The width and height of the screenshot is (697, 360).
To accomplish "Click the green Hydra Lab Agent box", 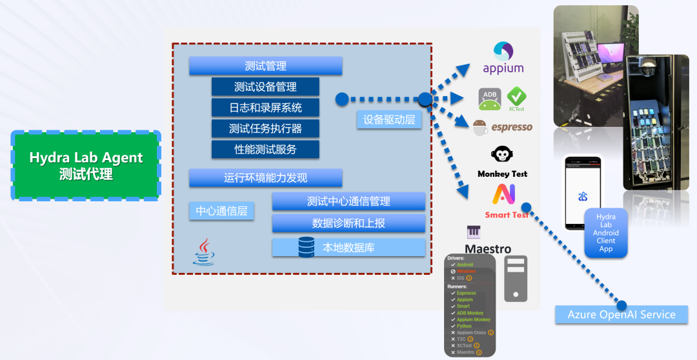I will tap(86, 165).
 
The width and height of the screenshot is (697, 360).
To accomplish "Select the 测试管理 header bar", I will tap(265, 66).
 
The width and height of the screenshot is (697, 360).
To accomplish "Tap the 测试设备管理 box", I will tap(265, 86).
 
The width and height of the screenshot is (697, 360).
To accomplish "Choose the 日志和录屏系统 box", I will tap(265, 107).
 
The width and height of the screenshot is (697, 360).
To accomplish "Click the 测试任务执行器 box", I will tap(265, 128).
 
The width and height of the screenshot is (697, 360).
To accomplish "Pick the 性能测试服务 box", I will tap(265, 149).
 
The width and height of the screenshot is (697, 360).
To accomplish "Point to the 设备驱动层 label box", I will tap(389, 119).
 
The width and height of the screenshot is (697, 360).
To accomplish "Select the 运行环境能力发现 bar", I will tap(265, 178).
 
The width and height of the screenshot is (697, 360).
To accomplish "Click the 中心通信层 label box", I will tap(221, 211).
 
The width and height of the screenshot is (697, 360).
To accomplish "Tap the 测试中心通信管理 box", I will tap(348, 201).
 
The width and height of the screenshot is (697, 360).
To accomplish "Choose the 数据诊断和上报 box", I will tap(348, 223).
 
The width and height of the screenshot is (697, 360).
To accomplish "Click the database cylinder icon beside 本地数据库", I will tap(307, 247).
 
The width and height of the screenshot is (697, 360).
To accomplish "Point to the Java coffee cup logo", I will tap(205, 252).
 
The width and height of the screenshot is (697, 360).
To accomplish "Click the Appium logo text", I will tap(503, 68).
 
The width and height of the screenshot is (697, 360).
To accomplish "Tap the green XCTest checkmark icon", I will tap(516, 97).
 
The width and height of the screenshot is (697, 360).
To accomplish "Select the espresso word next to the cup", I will tap(512, 127).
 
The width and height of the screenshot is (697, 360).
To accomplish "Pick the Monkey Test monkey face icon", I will tap(502, 155).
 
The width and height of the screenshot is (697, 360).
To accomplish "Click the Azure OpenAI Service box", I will tap(621, 315).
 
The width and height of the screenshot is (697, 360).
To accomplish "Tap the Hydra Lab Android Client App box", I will tap(605, 233).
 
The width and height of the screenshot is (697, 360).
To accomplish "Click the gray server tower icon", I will tap(516, 279).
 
